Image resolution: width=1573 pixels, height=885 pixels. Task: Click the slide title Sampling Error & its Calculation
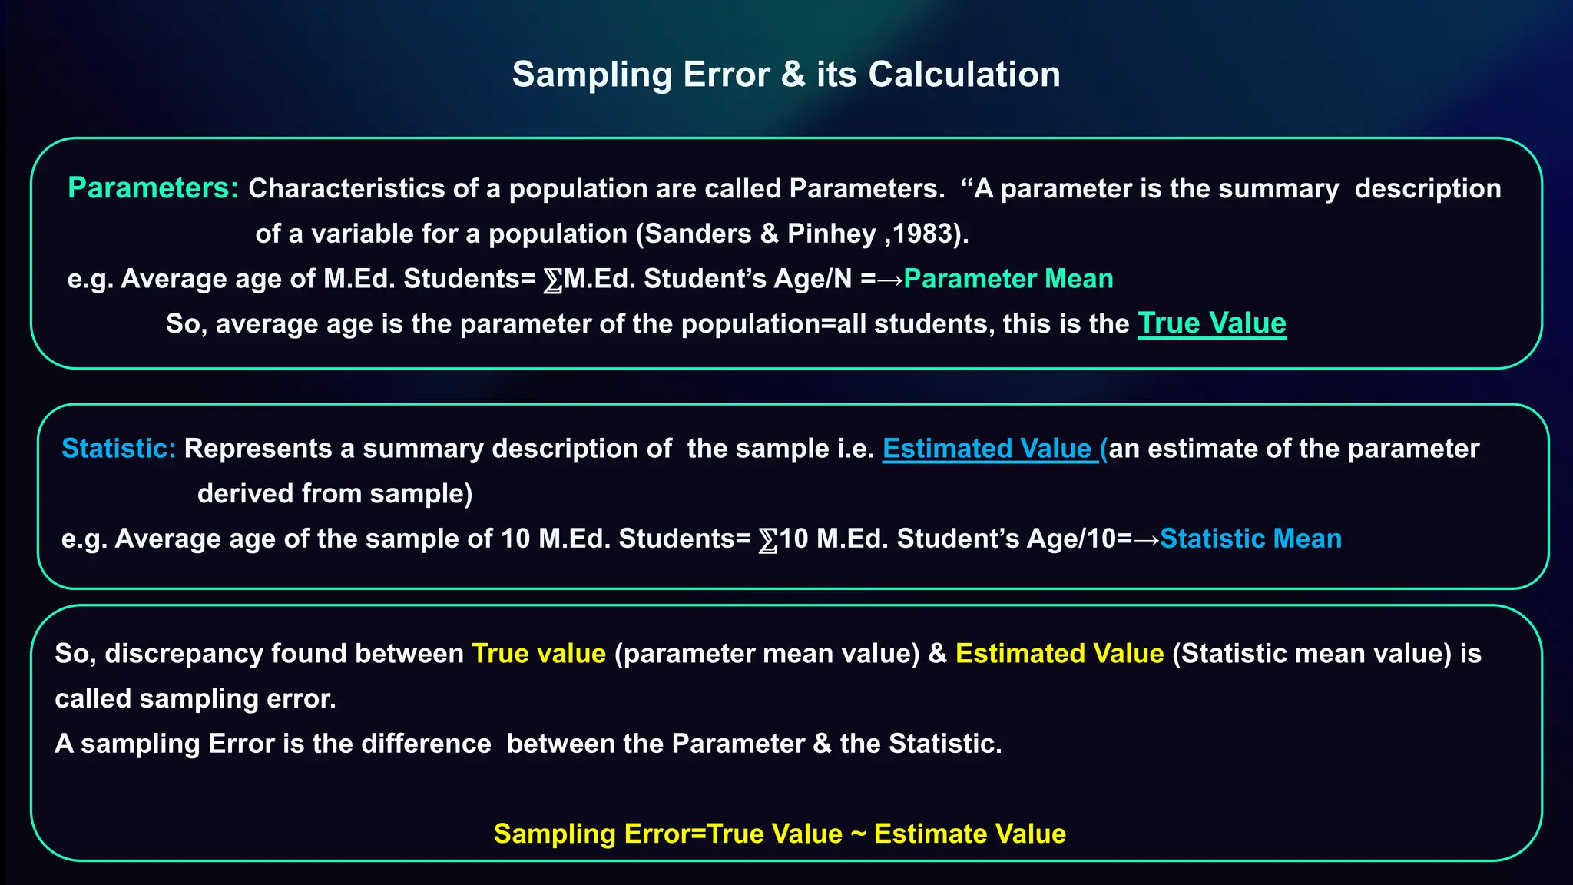coord(786,75)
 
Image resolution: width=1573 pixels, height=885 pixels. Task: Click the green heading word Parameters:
coord(153,188)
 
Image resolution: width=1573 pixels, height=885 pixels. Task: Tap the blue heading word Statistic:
coord(118,449)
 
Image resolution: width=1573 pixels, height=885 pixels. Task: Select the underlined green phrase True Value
coord(1211,323)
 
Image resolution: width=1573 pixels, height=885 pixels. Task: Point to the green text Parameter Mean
coord(1008,279)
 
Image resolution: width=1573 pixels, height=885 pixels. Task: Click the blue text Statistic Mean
coord(1250,539)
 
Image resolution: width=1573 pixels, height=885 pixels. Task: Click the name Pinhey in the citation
coord(831,234)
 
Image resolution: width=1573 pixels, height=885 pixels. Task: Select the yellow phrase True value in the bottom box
coord(538,654)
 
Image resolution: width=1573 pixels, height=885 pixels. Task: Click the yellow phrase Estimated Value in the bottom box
coord(1059,654)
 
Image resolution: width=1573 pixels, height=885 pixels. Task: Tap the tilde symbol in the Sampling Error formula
coord(858,834)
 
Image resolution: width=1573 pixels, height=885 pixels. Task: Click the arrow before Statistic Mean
coord(1146,539)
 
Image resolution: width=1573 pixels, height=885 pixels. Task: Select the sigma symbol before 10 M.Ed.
coord(767,540)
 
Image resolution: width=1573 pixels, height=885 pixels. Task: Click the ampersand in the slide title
coord(793,75)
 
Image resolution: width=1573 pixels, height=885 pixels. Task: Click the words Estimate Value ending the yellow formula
coord(969,834)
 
